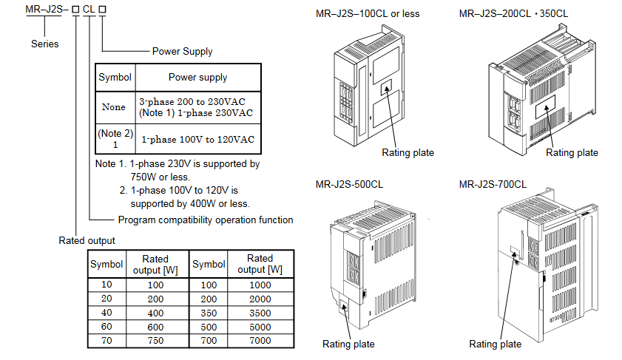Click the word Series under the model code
point(44,44)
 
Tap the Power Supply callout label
point(182,52)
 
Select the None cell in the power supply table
point(113,107)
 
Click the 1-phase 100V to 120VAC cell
point(197,139)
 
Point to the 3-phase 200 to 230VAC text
point(192,101)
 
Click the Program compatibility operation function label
point(206,220)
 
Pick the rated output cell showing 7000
point(260,341)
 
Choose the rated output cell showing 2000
point(260,299)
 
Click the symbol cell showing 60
point(107,327)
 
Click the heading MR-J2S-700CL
point(493,184)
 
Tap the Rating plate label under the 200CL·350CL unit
point(572,152)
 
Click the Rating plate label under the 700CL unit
point(495,344)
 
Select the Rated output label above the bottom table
point(87,240)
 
